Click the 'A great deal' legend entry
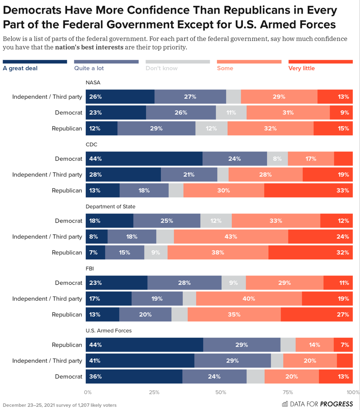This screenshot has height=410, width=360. click(20, 68)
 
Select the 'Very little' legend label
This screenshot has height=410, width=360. click(301, 68)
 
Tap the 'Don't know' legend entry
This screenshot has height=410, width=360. click(161, 68)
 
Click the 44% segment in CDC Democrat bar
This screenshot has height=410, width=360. click(144, 159)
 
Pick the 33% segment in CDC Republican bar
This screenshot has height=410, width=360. click(309, 190)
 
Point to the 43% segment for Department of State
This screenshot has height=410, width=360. click(231, 237)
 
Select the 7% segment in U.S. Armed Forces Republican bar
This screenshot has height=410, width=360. click(343, 345)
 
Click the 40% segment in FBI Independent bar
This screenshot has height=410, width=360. click(249, 299)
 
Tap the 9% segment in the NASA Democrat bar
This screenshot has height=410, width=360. click(341, 113)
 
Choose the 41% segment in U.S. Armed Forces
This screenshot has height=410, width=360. click(140, 361)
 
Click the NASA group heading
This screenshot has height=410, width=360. click(93, 83)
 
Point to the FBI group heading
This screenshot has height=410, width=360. click(90, 269)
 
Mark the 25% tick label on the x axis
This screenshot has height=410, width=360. click(154, 392)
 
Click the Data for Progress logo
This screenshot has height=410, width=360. click(317, 404)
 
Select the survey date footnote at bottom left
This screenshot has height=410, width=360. click(60, 405)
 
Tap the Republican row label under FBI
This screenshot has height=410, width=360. click(67, 314)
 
